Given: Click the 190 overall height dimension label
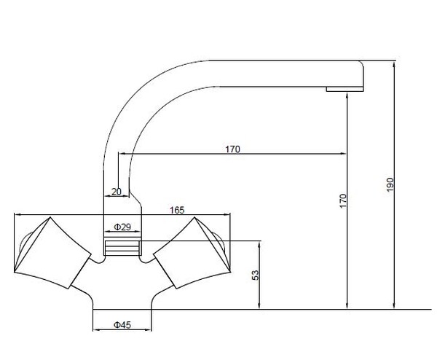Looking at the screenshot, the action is click(x=390, y=184).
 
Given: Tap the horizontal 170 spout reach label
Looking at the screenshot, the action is click(x=232, y=149).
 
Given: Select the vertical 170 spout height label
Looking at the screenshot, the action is click(x=343, y=201).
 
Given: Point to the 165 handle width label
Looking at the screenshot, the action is click(x=177, y=210).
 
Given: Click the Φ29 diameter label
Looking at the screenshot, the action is click(x=122, y=227).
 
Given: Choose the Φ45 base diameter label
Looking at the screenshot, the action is click(x=122, y=325).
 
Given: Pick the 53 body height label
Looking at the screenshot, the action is click(x=256, y=275).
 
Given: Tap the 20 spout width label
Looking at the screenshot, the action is click(x=117, y=192).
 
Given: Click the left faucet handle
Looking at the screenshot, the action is click(x=52, y=253).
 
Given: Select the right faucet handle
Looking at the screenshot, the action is click(x=192, y=253).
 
